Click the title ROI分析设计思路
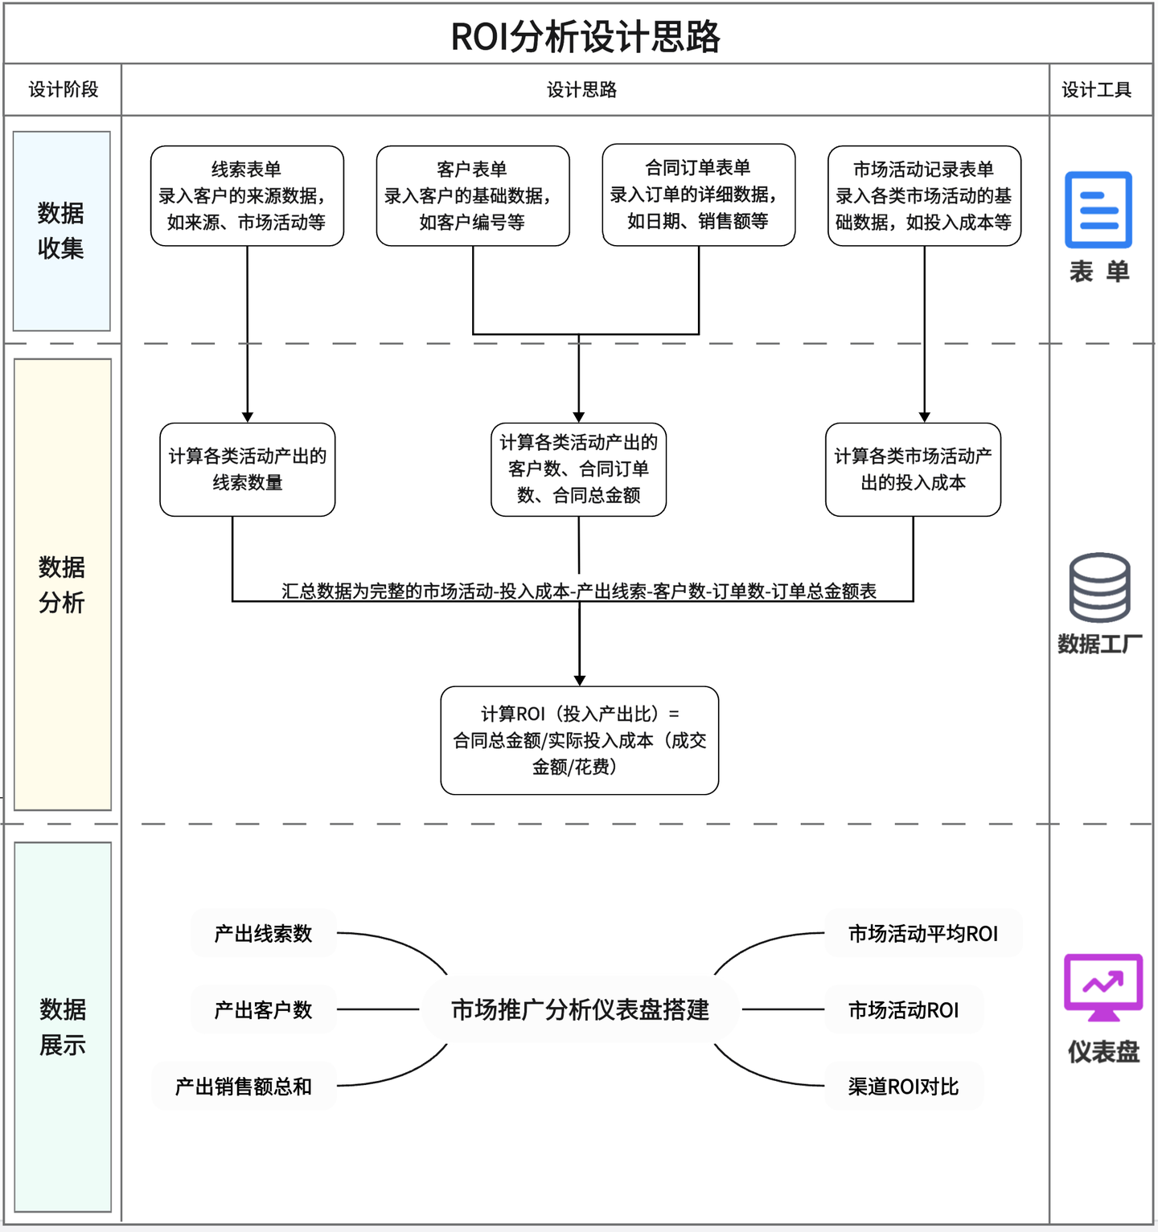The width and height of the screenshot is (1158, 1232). pos(585,36)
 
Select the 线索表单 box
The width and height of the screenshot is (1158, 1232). pos(247,195)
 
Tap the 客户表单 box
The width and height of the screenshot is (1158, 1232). pos(473,195)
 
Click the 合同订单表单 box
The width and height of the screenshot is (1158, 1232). pos(698,194)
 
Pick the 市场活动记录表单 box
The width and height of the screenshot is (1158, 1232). pos(924,195)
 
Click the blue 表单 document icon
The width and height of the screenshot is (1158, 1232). pos(1098,210)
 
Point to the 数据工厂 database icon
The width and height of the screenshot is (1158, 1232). pos(1099,587)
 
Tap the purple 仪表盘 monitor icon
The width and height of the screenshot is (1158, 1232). pos(1103,987)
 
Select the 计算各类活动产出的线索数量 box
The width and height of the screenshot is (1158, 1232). pos(248,469)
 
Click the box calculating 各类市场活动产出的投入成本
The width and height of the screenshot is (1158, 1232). pos(913,469)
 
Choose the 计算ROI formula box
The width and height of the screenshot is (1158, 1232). pos(579,740)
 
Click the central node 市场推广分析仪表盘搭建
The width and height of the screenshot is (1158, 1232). pos(580,1009)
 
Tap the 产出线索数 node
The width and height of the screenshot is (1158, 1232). pos(263,933)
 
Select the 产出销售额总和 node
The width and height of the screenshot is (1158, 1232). pos(244,1087)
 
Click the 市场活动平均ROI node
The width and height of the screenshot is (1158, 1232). pos(923,933)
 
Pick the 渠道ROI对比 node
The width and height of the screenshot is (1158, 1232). pos(903,1087)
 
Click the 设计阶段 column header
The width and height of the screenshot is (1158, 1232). pos(63,89)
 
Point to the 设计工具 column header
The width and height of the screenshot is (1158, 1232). pos(1097,89)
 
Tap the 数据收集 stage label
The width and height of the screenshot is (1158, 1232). pos(61,231)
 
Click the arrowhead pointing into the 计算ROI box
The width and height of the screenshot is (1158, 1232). pos(580,681)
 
